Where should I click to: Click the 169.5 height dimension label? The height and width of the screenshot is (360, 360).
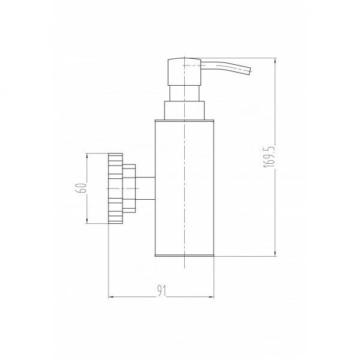(x=269, y=157)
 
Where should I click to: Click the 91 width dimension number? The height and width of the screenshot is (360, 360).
(x=161, y=290)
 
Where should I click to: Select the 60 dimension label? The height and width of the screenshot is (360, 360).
(x=82, y=188)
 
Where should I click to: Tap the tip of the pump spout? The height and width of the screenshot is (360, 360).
(x=250, y=71)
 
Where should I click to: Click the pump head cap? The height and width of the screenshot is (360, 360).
(x=184, y=72)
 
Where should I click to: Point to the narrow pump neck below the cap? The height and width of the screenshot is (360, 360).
(x=184, y=93)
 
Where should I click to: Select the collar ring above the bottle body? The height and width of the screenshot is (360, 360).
(x=184, y=110)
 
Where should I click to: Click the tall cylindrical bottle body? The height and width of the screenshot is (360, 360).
(x=184, y=188)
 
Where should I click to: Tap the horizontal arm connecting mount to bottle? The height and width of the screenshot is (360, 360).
(x=145, y=188)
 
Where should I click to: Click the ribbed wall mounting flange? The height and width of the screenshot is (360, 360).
(x=115, y=188)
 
